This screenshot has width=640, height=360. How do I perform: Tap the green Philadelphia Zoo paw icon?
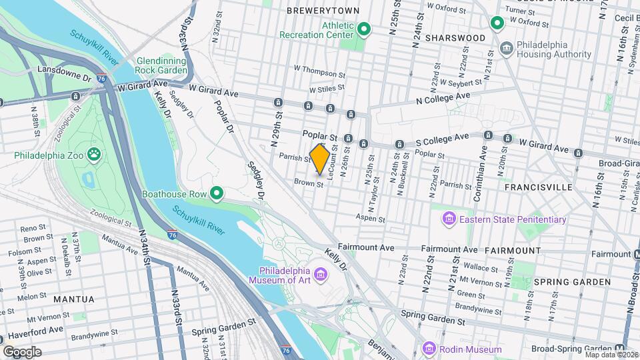click(93, 155)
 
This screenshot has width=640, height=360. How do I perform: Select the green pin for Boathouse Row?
click(217, 194)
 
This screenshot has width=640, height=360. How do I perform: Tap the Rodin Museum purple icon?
click(429, 349)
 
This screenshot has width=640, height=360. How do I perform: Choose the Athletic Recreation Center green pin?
click(364, 29)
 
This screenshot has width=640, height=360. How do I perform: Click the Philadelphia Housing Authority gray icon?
click(506, 49)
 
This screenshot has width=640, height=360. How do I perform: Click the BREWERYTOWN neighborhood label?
click(323, 11)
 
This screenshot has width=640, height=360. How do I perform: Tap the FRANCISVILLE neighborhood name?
click(538, 187)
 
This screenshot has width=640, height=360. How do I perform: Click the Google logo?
click(22, 351)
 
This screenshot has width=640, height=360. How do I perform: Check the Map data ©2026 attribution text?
click(610, 355)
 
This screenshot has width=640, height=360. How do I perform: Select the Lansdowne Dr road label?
click(63, 69)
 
